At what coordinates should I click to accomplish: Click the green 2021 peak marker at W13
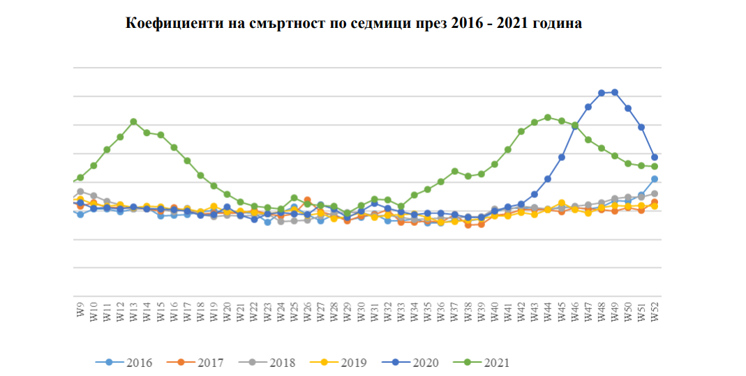click(x=133, y=122)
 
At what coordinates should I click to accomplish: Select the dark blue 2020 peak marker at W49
click(x=615, y=92)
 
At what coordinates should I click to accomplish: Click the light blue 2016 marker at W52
click(x=655, y=179)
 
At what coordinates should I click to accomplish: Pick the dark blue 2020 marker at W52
click(x=655, y=157)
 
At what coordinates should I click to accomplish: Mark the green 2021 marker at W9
click(x=80, y=177)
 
